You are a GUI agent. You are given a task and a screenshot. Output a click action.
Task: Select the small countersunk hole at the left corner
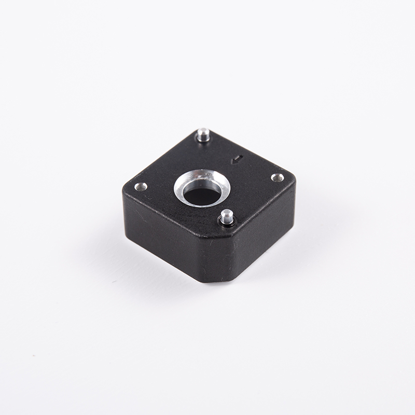pos(140,186)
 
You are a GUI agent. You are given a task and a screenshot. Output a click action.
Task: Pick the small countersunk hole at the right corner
pos(278,178)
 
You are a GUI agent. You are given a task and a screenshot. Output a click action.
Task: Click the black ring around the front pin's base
pos(227,224)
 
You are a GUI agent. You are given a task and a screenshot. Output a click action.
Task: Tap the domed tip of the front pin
pos(226,213)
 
